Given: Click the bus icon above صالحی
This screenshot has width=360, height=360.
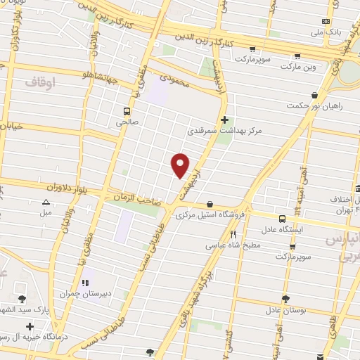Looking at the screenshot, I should pyautogui.click(x=127, y=110).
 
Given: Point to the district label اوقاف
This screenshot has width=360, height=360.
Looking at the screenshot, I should pyautogui.click(x=41, y=83).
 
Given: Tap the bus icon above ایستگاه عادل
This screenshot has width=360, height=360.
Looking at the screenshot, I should pyautogui.click(x=281, y=219).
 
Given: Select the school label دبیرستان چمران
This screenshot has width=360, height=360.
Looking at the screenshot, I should pyautogui.click(x=77, y=294).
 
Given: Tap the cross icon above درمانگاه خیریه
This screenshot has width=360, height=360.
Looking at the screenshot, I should pyautogui.click(x=30, y=327).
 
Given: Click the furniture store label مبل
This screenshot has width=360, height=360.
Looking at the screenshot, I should pyautogui.click(x=46, y=212).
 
